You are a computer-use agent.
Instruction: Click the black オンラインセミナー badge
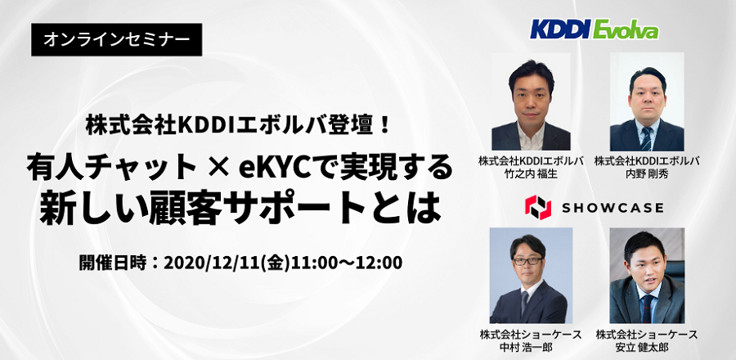click(116, 40)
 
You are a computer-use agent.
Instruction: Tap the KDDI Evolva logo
click(595, 30)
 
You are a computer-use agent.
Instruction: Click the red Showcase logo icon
click(538, 208)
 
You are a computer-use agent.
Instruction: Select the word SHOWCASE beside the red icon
click(613, 208)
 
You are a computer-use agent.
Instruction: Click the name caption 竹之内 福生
click(531, 173)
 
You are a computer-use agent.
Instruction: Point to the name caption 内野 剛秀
click(647, 173)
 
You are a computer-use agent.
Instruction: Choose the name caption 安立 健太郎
click(646, 348)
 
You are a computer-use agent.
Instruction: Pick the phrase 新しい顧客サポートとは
click(240, 209)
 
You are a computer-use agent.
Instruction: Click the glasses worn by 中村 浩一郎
click(528, 261)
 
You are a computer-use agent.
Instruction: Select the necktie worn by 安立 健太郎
click(648, 308)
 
